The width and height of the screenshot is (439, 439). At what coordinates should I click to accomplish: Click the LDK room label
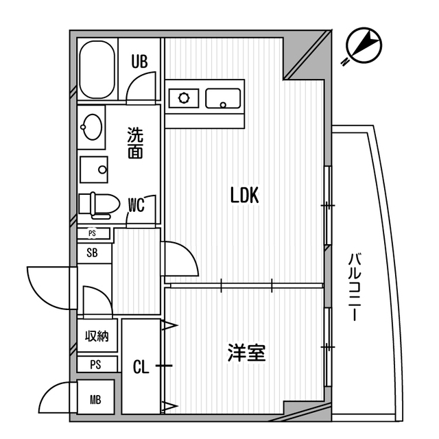click(x=244, y=196)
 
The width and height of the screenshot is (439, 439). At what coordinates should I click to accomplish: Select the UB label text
click(x=140, y=62)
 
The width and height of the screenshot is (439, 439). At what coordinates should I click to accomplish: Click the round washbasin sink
click(x=91, y=126)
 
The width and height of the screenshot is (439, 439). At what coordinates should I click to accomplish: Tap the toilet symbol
click(x=93, y=204)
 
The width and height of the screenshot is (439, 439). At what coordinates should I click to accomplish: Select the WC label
click(x=136, y=204)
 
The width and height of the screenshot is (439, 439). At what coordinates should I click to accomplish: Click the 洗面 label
click(x=135, y=143)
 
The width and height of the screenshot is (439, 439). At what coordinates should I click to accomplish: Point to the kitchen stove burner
click(x=184, y=97)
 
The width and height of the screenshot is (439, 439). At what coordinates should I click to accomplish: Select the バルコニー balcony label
click(x=355, y=288)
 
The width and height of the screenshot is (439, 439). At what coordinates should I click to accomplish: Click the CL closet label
click(x=141, y=368)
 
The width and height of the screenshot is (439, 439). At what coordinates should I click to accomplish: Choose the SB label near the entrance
click(x=92, y=252)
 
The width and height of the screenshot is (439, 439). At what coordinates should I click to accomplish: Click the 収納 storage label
click(x=97, y=337)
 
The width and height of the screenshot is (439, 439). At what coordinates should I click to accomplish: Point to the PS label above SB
click(x=92, y=233)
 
